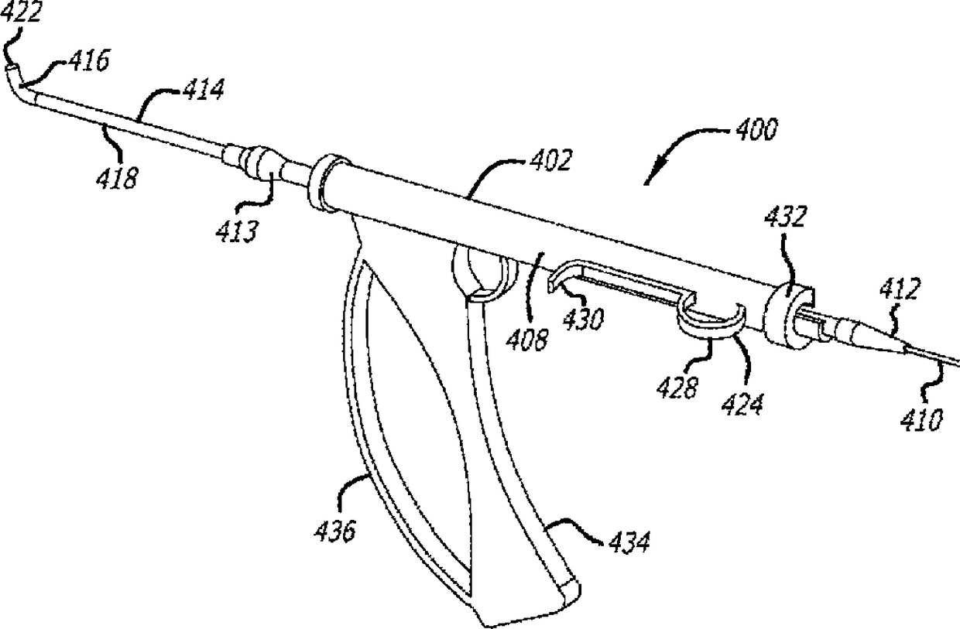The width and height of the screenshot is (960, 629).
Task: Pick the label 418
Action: (118, 178)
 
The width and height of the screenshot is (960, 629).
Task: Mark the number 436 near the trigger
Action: (334, 532)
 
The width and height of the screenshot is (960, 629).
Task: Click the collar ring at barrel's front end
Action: (325, 183)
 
